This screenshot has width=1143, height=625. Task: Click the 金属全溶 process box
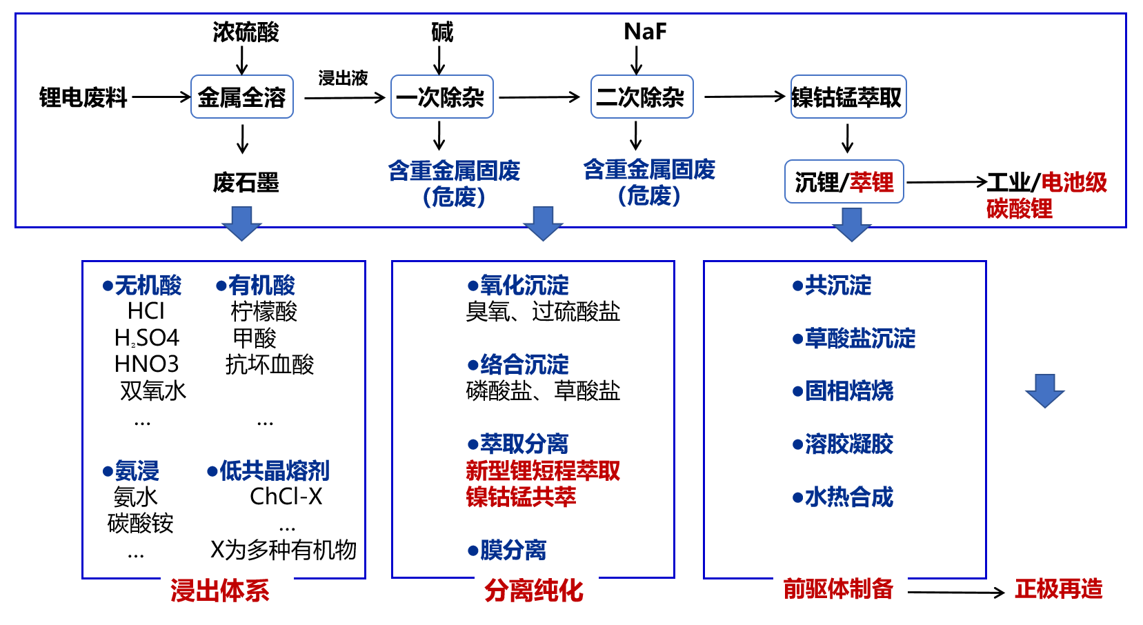pyautogui.click(x=242, y=97)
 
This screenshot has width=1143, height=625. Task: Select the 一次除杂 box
pyautogui.click(x=441, y=97)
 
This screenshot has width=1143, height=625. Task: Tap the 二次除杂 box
pyautogui.click(x=642, y=97)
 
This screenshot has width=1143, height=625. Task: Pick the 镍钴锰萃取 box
pyautogui.click(x=848, y=97)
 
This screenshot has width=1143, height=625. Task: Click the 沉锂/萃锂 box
pyautogui.click(x=844, y=182)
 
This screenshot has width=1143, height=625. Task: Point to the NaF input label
pyautogui.click(x=645, y=32)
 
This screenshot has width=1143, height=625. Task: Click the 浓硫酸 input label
pyautogui.click(x=246, y=32)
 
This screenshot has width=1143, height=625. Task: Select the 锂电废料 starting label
pyautogui.click(x=83, y=98)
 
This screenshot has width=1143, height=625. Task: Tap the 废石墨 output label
pyautogui.click(x=246, y=183)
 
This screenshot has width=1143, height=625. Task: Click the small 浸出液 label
pyautogui.click(x=343, y=78)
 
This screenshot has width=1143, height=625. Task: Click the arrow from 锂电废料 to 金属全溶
pyautogui.click(x=161, y=97)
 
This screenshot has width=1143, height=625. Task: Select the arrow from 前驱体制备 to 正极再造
pyautogui.click(x=955, y=592)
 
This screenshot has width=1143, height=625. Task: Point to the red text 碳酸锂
pyautogui.click(x=1019, y=208)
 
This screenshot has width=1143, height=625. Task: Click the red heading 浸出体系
pyautogui.click(x=220, y=591)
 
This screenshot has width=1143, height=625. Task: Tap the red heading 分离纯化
pyautogui.click(x=534, y=591)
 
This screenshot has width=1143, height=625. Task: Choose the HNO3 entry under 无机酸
pyautogui.click(x=146, y=364)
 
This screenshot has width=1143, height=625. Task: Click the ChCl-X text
pyautogui.click(x=286, y=496)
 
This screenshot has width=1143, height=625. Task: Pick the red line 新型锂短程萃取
pyautogui.click(x=543, y=470)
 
